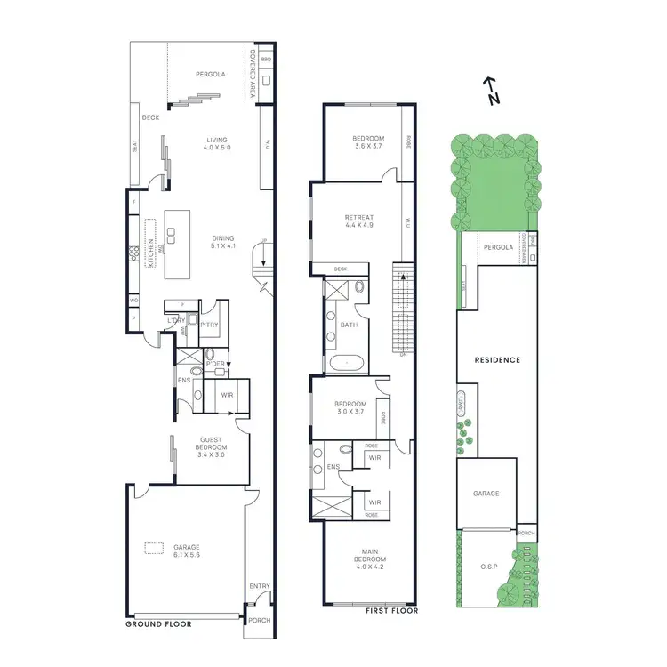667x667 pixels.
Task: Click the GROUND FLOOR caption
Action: pos(158,624)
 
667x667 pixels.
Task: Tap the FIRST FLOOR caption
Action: pos(393,611)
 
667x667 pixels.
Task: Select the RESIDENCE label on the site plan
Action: pos(497,360)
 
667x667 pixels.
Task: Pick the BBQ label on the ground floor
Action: pos(266,59)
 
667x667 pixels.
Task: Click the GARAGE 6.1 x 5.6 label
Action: pos(187,550)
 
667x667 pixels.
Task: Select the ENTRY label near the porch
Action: pos(259,586)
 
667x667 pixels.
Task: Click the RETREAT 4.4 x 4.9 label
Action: pos(359,221)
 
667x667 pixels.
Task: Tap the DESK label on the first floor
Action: pos(341,269)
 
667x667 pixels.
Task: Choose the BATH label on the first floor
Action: pos(349,325)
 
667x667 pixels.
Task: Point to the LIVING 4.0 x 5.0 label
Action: pos(217,143)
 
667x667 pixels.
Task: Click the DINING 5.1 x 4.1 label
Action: pos(222,241)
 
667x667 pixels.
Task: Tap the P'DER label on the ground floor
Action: pos(214,365)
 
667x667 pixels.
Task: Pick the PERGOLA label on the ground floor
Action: pos(211,75)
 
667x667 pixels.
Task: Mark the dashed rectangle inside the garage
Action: pos(155,550)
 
